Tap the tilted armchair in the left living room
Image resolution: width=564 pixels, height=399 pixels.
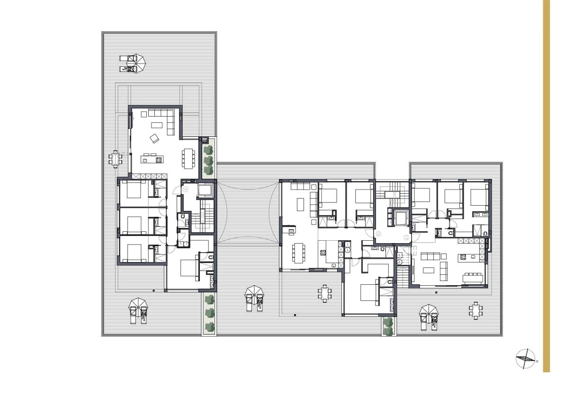tap(154, 138)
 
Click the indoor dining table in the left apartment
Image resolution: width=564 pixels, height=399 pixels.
tap(189, 158)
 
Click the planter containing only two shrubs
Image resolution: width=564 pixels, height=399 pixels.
tap(388, 326)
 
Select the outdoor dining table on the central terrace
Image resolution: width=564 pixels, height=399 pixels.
tap(324, 293)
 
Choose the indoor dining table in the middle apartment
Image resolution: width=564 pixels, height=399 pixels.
tap(298, 253)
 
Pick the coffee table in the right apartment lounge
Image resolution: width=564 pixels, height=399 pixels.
tap(429, 270)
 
